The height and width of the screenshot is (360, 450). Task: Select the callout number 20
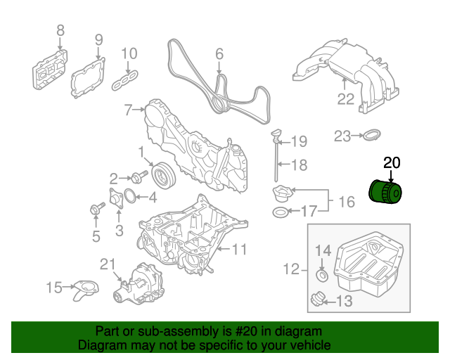tap(391, 163)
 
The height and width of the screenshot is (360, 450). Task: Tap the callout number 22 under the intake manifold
tap(345, 99)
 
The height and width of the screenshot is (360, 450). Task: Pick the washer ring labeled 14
tap(321, 275)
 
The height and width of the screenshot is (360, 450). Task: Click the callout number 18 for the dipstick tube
tap(300, 166)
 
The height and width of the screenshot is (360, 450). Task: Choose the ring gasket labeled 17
tap(280, 212)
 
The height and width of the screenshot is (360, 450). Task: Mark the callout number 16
tap(347, 202)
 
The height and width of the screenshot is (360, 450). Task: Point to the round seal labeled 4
tap(131, 195)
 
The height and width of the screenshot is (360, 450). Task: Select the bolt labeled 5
tap(94, 208)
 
